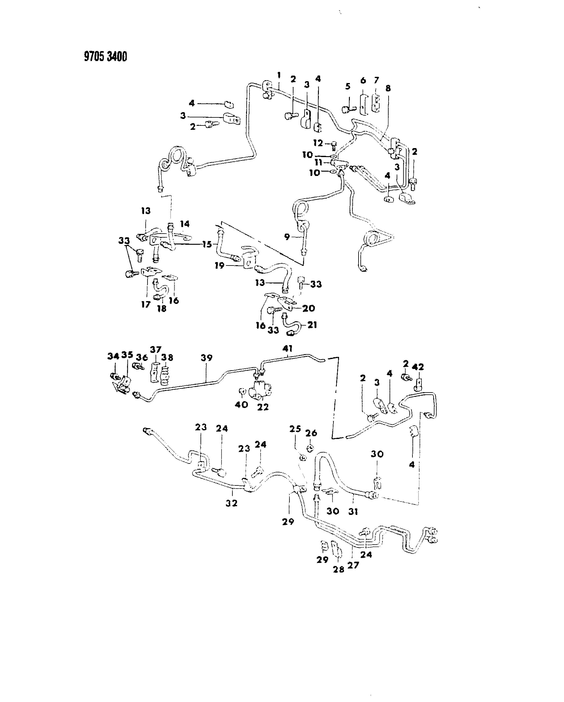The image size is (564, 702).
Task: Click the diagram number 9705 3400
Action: pyautogui.click(x=105, y=57)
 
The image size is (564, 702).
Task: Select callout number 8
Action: pyautogui.click(x=388, y=88)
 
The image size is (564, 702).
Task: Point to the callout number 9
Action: pyautogui.click(x=287, y=236)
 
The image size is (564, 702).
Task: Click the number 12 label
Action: pyautogui.click(x=318, y=143)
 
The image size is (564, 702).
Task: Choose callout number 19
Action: pyautogui.click(x=219, y=265)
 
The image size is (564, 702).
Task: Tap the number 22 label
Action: pyautogui.click(x=263, y=407)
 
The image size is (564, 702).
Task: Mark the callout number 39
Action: pyautogui.click(x=206, y=358)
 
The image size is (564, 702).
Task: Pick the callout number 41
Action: pyautogui.click(x=288, y=349)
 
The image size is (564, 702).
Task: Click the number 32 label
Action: pyautogui.click(x=231, y=503)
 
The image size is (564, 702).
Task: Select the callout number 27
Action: pyautogui.click(x=353, y=565)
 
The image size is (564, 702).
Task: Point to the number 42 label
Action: pyautogui.click(x=418, y=367)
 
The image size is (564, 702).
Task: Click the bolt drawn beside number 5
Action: pyautogui.click(x=348, y=109)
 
